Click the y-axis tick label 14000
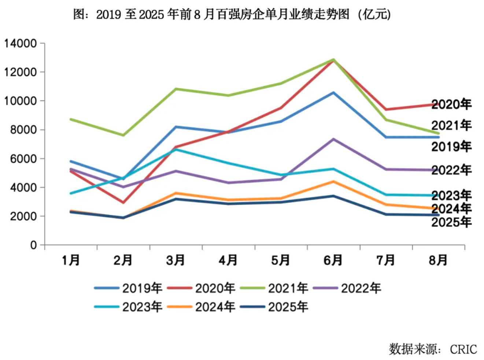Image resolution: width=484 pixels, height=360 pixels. point(21,44)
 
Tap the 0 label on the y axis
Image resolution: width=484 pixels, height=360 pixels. point(33,245)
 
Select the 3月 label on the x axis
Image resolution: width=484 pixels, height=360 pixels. point(176,260)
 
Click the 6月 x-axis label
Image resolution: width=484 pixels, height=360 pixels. point(333,260)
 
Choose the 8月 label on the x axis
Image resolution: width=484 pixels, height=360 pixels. point(438,260)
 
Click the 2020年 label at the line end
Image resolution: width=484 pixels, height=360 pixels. point(451,104)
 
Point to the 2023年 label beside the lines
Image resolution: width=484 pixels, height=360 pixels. point(451,195)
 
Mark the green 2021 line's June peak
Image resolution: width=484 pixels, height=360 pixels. point(333,59)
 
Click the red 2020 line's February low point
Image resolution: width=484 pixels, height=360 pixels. point(123,202)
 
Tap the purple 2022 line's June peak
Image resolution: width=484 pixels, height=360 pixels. point(333,139)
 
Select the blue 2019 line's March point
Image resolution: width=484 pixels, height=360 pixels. point(176,127)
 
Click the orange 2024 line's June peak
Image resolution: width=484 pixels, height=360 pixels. point(333,182)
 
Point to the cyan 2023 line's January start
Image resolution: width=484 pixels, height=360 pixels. point(71,193)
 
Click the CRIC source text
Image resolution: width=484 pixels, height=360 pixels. point(463,349)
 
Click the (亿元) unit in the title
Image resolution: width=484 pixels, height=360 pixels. point(374,14)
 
